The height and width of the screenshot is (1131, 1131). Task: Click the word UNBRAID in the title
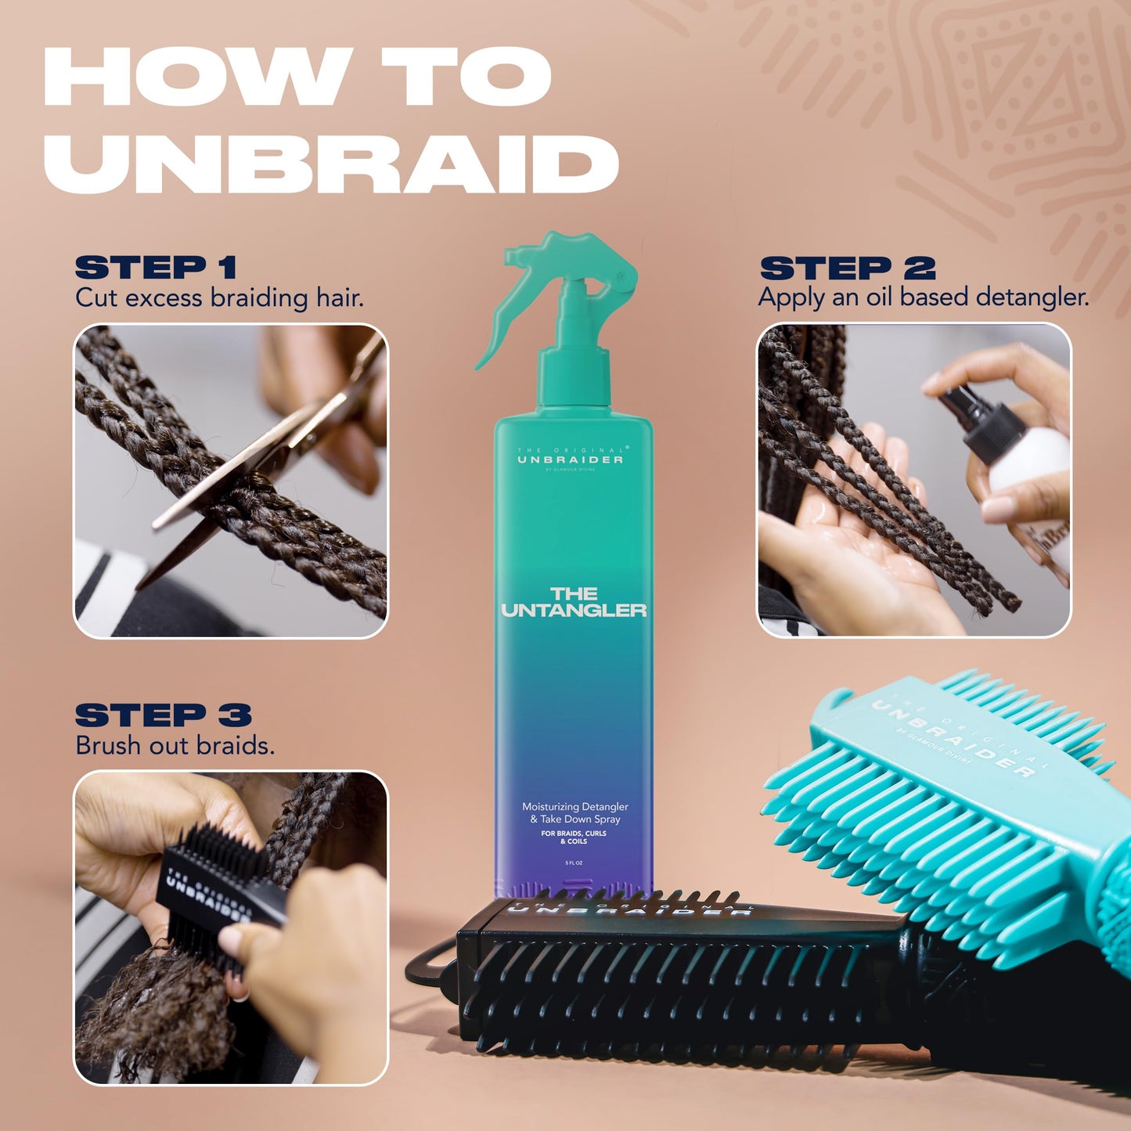click(x=330, y=164)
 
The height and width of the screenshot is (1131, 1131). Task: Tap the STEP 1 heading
click(x=156, y=268)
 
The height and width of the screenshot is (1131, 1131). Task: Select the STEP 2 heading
click(x=848, y=268)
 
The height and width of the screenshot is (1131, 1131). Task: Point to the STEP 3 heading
click(x=163, y=715)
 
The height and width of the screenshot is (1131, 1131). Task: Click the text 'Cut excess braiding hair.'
click(x=219, y=298)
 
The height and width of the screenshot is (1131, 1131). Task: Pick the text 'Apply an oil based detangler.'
click(x=923, y=297)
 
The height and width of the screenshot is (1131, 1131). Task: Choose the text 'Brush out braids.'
click(x=175, y=746)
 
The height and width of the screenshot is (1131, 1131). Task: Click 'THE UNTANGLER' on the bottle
click(x=574, y=603)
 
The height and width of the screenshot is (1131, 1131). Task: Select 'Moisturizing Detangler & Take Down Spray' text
click(x=575, y=812)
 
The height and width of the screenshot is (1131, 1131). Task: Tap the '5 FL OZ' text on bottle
click(x=575, y=863)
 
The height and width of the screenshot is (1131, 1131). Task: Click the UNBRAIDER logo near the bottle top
click(x=571, y=459)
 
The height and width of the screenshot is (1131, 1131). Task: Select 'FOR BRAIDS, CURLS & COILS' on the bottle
click(x=574, y=837)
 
